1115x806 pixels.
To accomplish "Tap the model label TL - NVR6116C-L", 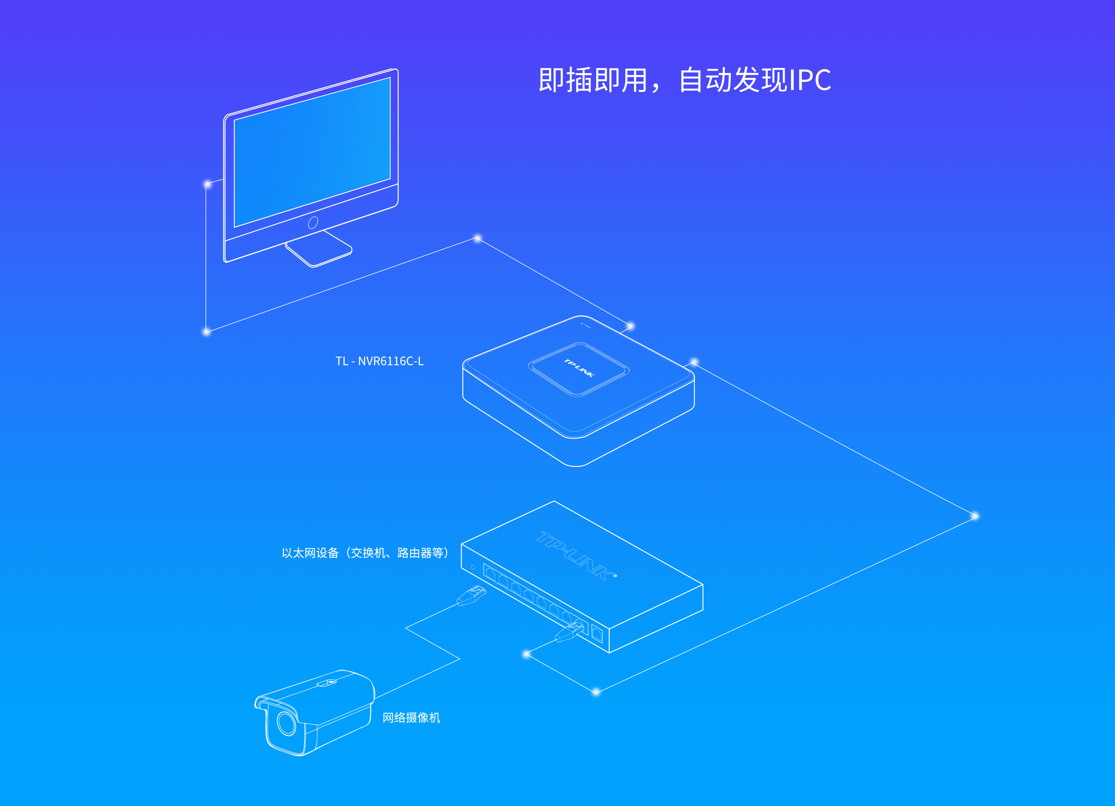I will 379,361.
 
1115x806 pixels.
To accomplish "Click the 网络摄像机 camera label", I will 411,718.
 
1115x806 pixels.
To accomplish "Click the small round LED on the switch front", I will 473,568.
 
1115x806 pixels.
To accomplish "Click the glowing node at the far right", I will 975,516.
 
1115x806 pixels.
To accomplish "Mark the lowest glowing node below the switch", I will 596,692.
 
